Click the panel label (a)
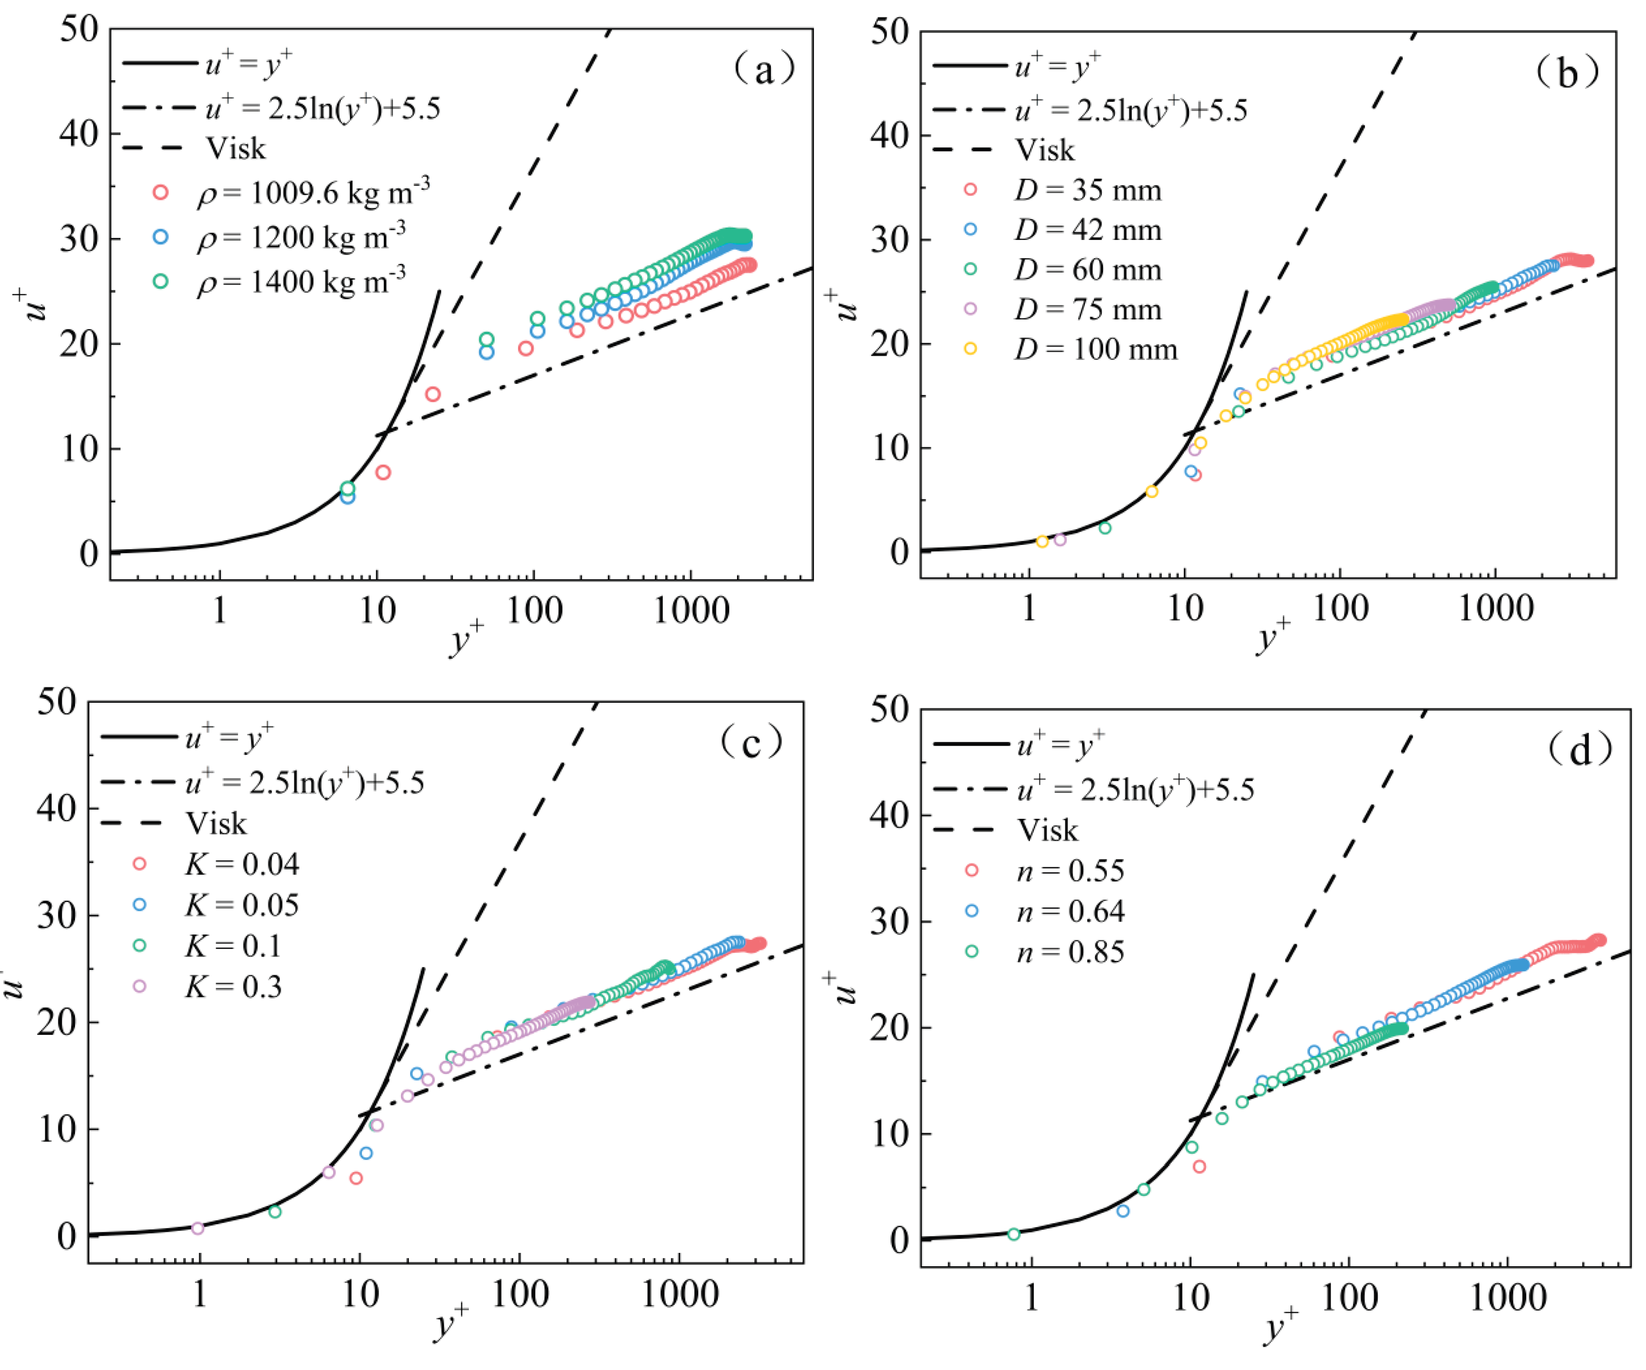764,70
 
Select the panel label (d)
1580,750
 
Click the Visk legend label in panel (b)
1045,150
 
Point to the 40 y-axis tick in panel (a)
79,133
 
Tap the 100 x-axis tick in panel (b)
1340,608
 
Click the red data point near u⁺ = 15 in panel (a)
433,394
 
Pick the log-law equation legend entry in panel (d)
1136,789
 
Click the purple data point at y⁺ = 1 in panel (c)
197,1228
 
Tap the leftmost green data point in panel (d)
1014,1234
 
